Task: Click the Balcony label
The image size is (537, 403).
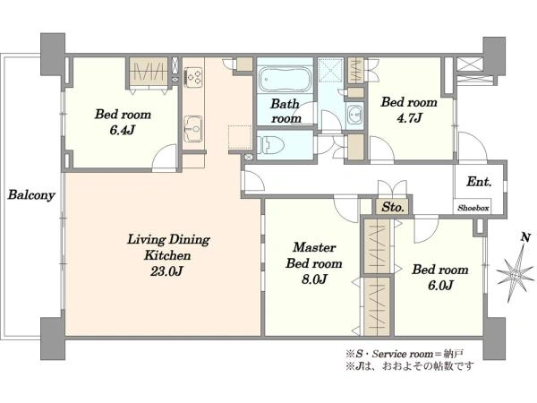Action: pos(31,195)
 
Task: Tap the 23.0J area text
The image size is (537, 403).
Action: pos(166,271)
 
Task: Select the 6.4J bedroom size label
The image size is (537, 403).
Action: pos(123,130)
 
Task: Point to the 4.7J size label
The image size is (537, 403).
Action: pos(409,118)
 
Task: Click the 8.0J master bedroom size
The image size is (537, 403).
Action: pos(314,279)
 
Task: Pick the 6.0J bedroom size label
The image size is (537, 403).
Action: pos(440,285)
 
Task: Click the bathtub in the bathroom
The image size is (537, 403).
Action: pos(285,80)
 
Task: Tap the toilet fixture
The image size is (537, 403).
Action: pos(270,145)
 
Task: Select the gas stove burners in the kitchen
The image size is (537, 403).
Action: pos(193,76)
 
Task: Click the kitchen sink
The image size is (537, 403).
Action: pos(193,129)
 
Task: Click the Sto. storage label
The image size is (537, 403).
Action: pos(393,207)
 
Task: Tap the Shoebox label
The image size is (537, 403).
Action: pos(473,208)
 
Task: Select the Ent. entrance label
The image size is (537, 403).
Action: pos(479,182)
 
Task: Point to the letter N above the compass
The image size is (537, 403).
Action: pos(525,237)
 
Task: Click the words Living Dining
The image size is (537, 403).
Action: pos(168,239)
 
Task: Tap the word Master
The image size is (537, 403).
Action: pos(314,247)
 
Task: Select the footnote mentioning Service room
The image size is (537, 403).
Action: pos(405,354)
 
